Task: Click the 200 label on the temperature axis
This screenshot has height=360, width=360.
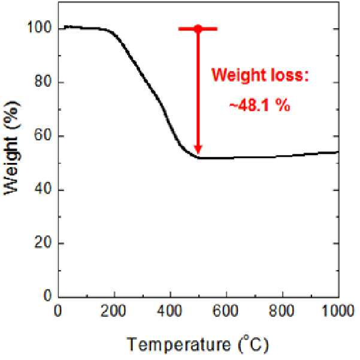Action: click(113, 311)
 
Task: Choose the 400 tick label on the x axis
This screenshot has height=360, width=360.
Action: click(170, 311)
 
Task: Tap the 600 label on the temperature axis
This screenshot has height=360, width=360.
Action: click(225, 311)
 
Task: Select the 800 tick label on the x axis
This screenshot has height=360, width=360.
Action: click(282, 311)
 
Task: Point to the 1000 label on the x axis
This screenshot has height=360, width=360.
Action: click(338, 311)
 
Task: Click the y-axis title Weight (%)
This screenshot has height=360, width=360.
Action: click(11, 147)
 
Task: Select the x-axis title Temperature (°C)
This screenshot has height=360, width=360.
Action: click(198, 344)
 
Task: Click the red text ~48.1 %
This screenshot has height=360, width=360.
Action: click(260, 106)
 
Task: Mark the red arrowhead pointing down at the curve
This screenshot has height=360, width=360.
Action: click(198, 149)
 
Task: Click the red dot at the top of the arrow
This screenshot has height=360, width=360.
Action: click(198, 29)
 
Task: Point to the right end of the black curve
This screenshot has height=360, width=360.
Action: click(338, 152)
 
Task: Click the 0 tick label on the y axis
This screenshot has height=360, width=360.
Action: click(47, 296)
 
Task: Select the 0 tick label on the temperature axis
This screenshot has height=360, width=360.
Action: click(58, 311)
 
